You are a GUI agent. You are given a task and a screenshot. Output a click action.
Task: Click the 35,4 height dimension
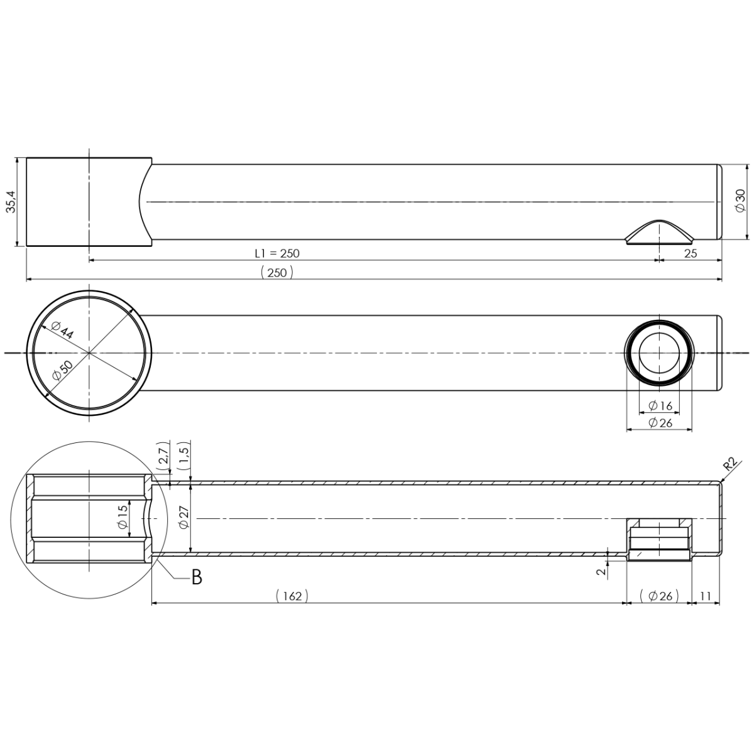point(12,202)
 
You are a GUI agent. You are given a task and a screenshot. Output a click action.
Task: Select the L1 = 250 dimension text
point(277,254)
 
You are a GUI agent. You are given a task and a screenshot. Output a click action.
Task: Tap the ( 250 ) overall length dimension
point(277,272)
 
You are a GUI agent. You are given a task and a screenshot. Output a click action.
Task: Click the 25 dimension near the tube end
point(691,254)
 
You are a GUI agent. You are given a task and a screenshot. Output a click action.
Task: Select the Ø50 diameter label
point(62,371)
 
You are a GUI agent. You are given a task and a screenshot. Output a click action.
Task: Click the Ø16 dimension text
point(660,406)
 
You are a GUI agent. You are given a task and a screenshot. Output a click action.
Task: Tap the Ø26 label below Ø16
point(660,423)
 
